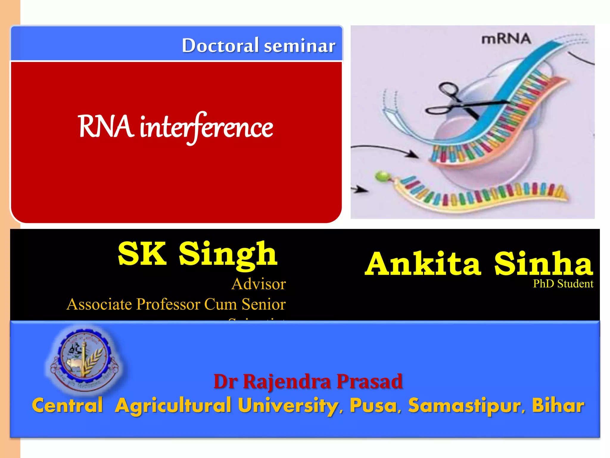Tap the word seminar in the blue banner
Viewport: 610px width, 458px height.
point(300,46)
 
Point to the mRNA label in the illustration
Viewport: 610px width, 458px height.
point(506,39)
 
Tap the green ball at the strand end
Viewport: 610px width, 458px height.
point(382,176)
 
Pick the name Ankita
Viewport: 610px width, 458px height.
point(423,264)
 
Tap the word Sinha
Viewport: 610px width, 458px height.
point(543,264)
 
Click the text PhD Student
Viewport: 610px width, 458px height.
point(563,284)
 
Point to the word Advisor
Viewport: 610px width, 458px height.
point(259,284)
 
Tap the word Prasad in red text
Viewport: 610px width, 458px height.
point(369,381)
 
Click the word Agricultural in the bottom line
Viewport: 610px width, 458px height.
point(173,406)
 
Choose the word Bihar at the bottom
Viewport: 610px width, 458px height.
point(558,405)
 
